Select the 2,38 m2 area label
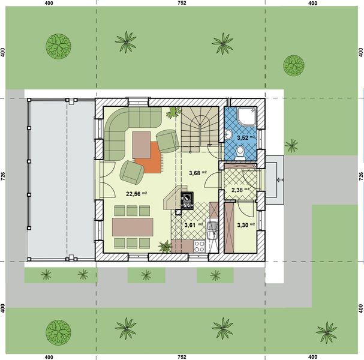point(239,190)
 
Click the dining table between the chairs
point(133,226)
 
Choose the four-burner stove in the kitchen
point(200,245)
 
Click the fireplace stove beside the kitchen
point(187,201)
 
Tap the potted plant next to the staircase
point(175,111)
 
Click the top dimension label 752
point(182,4)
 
